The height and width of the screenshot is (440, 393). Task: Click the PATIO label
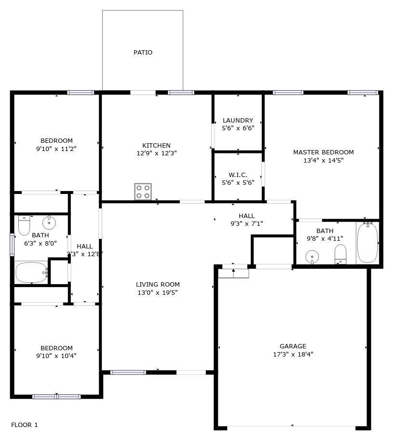[x=143, y=53]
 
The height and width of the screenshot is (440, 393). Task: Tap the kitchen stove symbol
[x=143, y=192]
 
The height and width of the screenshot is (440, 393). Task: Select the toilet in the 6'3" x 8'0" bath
[x=24, y=225]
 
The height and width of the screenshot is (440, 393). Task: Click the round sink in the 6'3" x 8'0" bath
[x=49, y=223]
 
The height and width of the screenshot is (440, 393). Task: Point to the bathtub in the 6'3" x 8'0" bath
[x=31, y=273]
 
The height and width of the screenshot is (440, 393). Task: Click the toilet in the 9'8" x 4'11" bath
[x=340, y=254]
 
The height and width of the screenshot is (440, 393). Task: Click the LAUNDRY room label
[x=238, y=121]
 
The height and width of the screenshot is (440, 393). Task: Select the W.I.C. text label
[x=238, y=175]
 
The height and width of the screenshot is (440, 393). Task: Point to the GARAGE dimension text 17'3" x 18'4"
[x=293, y=355]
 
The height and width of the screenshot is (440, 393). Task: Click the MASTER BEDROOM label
[x=324, y=152]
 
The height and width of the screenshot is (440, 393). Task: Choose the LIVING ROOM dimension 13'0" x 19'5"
[x=158, y=293]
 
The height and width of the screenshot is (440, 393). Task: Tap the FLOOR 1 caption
[x=25, y=425]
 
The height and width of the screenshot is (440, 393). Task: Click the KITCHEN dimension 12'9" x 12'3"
[x=157, y=153]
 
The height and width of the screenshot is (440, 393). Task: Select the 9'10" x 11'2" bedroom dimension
[x=56, y=149]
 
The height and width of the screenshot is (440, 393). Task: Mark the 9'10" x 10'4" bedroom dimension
[x=56, y=356]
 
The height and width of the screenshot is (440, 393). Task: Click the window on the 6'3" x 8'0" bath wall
[x=12, y=245]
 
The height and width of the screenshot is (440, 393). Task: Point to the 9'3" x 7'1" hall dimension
[x=247, y=224]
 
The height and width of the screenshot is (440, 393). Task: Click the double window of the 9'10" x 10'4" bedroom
[x=56, y=397]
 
